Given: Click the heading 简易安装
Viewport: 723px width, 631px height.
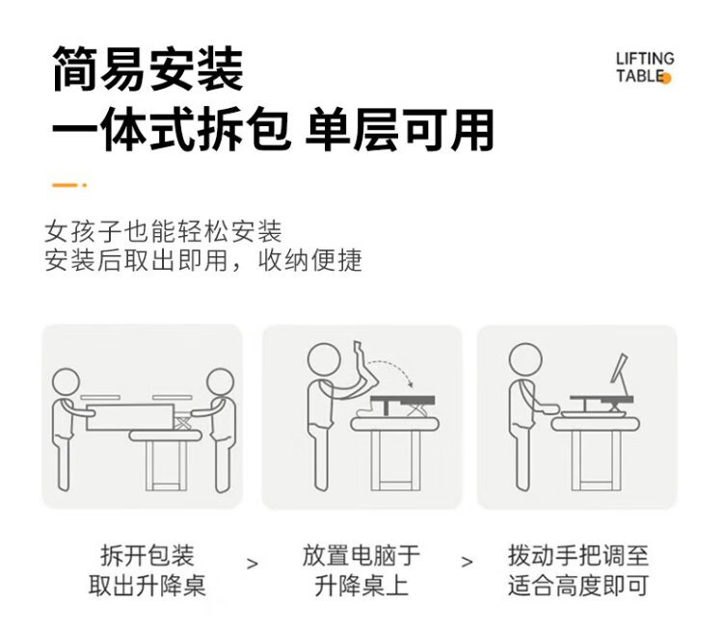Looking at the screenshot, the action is click(148, 69).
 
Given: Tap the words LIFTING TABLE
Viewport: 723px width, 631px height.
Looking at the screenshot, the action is click(645, 67).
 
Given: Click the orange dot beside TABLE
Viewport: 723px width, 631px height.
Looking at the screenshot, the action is click(666, 78).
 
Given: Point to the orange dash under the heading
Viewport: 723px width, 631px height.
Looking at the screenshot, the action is click(69, 185).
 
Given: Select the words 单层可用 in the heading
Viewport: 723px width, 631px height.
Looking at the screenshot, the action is click(399, 129).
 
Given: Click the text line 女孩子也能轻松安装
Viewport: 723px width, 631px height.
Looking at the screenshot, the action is click(163, 231).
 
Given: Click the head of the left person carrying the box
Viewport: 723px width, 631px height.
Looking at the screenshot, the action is click(66, 381).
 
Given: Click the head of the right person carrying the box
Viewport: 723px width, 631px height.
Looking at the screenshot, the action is click(220, 381).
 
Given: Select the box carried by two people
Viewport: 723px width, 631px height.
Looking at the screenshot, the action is click(130, 417).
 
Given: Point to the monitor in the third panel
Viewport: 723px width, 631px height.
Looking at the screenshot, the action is click(619, 369).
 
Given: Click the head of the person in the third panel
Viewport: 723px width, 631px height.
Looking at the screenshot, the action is click(525, 359).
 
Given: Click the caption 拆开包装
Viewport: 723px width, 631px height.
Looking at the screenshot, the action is click(147, 556).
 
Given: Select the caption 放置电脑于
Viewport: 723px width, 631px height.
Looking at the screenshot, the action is click(361, 556).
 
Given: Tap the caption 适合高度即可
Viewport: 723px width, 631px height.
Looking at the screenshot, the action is click(578, 586).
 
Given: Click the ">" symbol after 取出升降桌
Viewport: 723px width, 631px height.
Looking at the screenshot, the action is click(253, 564).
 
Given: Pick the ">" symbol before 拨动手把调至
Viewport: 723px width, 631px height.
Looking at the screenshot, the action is click(467, 562).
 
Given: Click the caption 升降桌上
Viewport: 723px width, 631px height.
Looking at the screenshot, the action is click(361, 586).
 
